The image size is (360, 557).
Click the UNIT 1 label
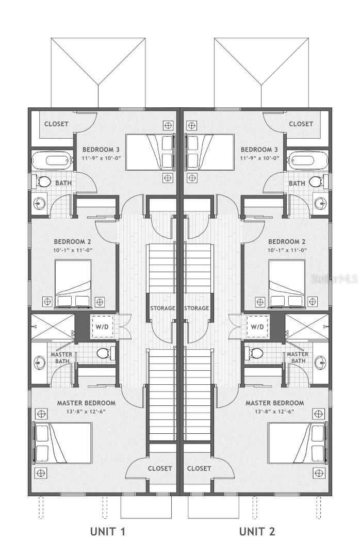[x=108, y=531]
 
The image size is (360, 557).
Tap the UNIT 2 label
[x=257, y=531]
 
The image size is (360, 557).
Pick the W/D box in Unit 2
[x=257, y=326]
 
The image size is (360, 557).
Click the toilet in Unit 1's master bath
[x=105, y=353]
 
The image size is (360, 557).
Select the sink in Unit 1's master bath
[x=38, y=363]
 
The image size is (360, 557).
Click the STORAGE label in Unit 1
[x=163, y=308]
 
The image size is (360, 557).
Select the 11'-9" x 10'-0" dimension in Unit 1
[x=102, y=158]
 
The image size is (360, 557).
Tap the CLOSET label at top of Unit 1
[x=56, y=124]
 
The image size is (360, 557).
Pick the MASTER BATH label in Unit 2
[x=297, y=357]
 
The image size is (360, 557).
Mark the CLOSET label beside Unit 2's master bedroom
[x=199, y=468]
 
